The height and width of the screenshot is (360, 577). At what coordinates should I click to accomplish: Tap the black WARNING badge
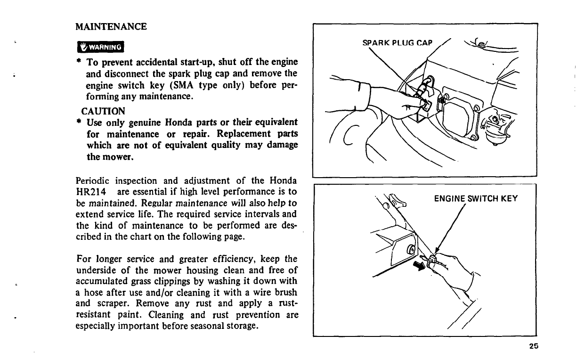click(x=100, y=47)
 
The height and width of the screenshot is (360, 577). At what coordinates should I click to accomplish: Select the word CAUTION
click(x=104, y=111)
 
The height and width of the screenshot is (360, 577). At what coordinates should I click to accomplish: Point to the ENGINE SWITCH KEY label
click(x=476, y=198)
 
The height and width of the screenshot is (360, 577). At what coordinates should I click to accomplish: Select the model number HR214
click(x=90, y=192)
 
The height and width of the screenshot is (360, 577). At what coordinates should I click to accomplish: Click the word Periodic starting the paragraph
click(x=93, y=180)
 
